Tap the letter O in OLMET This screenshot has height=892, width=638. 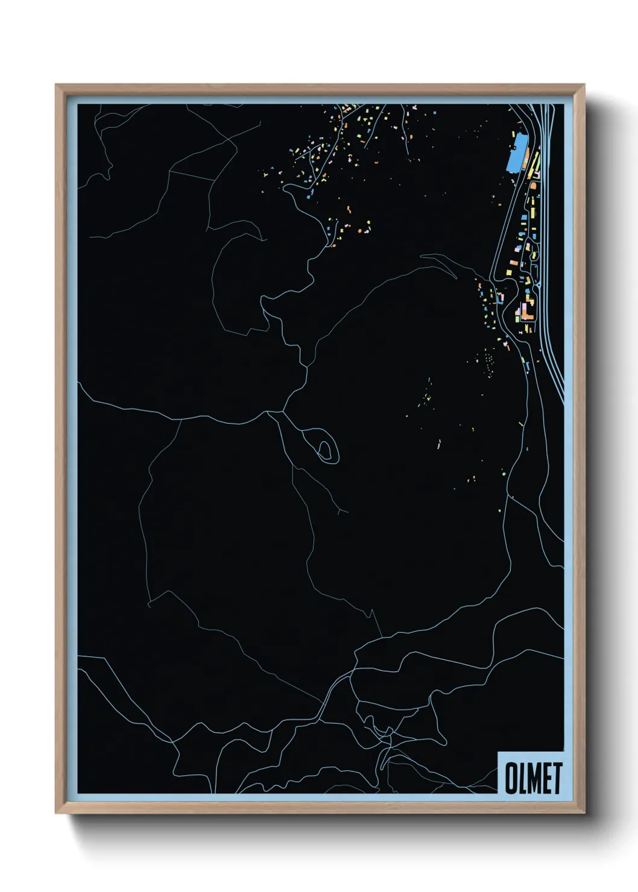(511, 777)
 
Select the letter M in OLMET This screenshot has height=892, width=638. (534, 777)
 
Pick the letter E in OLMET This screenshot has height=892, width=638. (546, 777)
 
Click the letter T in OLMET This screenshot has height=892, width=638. (557, 777)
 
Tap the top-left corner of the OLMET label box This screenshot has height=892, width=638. (498, 752)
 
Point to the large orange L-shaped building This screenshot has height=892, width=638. (525, 310)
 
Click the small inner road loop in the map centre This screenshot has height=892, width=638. (325, 449)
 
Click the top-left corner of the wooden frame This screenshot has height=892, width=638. (56, 85)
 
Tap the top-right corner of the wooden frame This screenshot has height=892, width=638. (584, 85)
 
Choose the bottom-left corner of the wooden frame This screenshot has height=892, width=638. (56, 813)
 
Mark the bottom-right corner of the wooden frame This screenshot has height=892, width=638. (584, 813)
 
